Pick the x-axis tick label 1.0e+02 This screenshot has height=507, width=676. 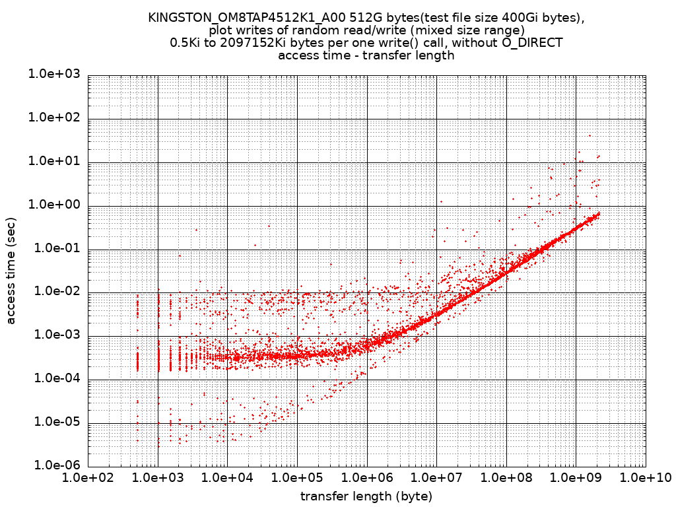[88, 477]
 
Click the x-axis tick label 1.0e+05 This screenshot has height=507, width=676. [296, 477]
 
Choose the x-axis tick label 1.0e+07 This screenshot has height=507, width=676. [436, 477]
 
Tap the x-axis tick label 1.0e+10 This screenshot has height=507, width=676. [645, 477]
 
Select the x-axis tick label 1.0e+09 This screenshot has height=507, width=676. [575, 477]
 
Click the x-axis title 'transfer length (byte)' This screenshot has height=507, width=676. [366, 496]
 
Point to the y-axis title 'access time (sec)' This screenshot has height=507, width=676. [11, 270]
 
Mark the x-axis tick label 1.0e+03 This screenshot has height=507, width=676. [157, 477]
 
